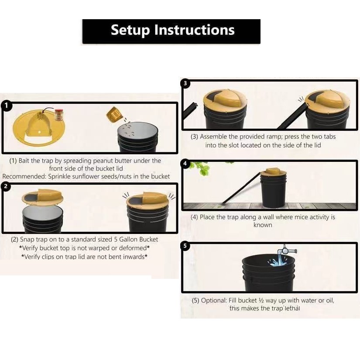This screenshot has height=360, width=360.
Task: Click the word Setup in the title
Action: pos(130,30)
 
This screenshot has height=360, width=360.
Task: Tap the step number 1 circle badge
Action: pos(6,106)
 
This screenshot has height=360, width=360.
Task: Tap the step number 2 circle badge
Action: pos(6,186)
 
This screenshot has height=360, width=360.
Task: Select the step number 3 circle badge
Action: pos(185,83)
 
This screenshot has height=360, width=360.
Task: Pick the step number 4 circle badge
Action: pos(185,164)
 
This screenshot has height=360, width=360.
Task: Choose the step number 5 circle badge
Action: pos(185,246)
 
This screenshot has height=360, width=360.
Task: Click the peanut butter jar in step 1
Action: pos(59,115)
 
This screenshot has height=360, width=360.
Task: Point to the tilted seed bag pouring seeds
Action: pos(114,114)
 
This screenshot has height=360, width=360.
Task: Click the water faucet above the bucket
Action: pos(287,250)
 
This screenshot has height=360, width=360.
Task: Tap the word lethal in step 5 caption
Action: pos(292,308)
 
